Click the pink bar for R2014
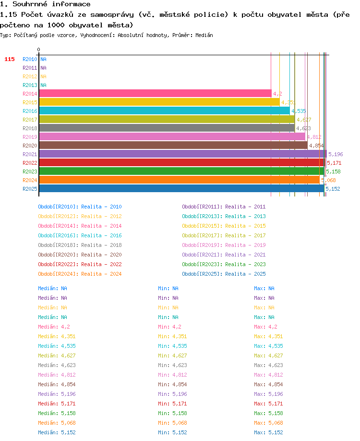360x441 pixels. (x=155, y=93)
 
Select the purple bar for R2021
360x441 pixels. (x=183, y=154)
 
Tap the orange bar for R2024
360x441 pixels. (x=180, y=180)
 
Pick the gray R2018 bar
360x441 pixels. (x=167, y=128)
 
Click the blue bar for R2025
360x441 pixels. (x=181, y=188)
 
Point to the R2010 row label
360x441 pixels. (x=30, y=59)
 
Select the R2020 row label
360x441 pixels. (x=30, y=146)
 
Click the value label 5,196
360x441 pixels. (x=336, y=154)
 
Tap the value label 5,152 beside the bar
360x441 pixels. (x=333, y=189)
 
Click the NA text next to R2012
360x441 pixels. (x=43, y=76)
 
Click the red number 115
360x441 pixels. (x=10, y=59)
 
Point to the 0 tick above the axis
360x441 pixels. (x=38, y=49)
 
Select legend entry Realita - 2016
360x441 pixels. (x=101, y=235)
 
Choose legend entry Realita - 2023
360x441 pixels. (x=245, y=264)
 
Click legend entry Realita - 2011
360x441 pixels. (x=245, y=207)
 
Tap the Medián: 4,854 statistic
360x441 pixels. (x=57, y=384)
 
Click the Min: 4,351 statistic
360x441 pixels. (x=172, y=336)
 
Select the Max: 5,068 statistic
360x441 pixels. (x=268, y=423)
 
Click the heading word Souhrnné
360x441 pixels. (x=30, y=4)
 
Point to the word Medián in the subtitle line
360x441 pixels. (x=204, y=35)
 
